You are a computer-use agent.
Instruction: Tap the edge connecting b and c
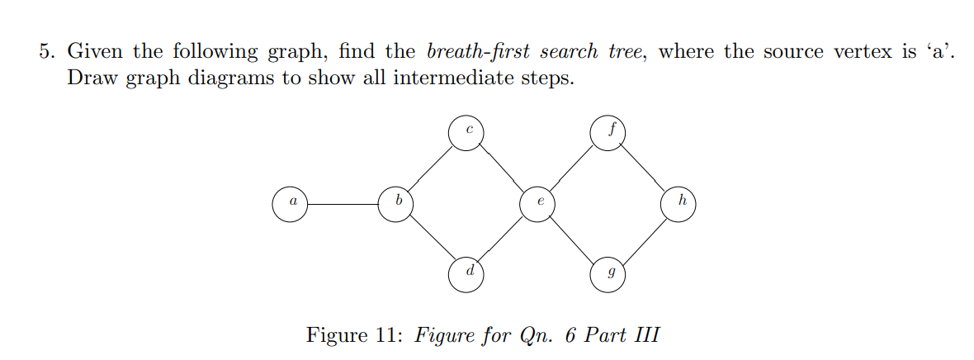[431, 168]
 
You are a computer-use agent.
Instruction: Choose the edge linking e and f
[573, 168]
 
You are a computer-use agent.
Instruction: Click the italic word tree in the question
[627, 52]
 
